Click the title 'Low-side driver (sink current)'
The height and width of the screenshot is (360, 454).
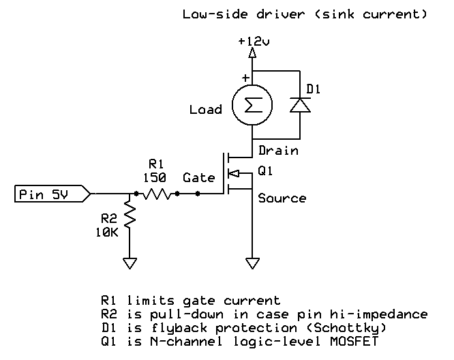pyautogui.click(x=305, y=14)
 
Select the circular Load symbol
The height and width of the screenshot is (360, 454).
pyautogui.click(x=252, y=106)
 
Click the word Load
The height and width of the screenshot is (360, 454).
pyautogui.click(x=206, y=109)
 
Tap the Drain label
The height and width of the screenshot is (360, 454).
pyautogui.click(x=278, y=150)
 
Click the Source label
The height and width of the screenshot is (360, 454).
pyautogui.click(x=282, y=198)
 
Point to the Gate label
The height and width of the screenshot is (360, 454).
pyautogui.click(x=199, y=177)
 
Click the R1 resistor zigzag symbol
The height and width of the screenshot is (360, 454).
pyautogui.click(x=157, y=194)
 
